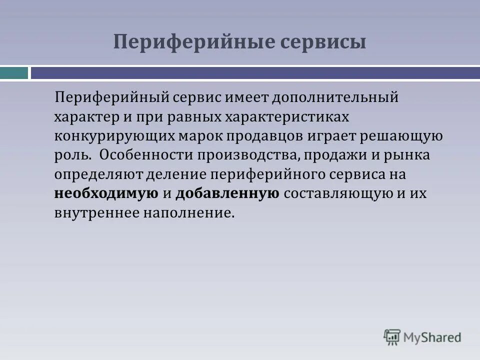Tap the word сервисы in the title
pos(322,41)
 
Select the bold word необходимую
pos(106,193)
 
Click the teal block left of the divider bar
pos(14,73)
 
